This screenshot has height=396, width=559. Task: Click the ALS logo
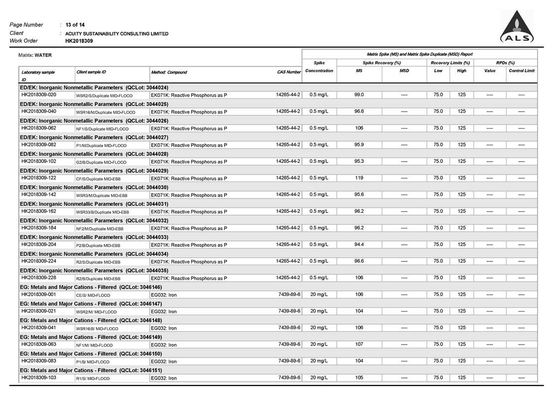[517, 27]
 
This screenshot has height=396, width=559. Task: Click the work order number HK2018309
[79, 41]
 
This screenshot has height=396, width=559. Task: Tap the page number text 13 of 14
[75, 24]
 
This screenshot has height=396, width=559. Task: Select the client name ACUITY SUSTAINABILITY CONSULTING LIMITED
[117, 33]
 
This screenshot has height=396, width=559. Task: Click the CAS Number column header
[289, 72]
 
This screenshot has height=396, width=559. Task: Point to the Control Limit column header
[522, 71]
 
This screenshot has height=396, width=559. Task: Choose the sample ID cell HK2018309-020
[38, 95]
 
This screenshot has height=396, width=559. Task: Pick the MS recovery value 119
[359, 178]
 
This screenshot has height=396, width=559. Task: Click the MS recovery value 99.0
[359, 95]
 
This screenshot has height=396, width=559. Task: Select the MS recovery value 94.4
[359, 244]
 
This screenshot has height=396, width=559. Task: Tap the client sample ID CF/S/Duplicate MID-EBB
[98, 179]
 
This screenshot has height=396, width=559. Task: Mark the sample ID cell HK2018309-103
[38, 378]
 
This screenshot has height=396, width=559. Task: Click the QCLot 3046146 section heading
[91, 287]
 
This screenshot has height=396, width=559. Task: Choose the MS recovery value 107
[359, 344]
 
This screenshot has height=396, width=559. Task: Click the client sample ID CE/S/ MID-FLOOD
[93, 295]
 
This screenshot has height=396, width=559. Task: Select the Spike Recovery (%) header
[382, 63]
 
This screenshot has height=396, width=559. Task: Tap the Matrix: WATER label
[35, 55]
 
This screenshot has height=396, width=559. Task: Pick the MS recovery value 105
[359, 378]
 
